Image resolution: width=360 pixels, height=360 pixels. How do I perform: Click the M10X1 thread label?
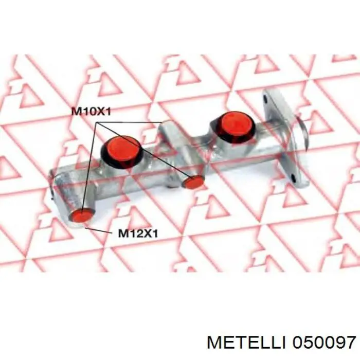(x=92, y=112)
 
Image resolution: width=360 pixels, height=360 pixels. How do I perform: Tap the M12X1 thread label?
(x=138, y=233)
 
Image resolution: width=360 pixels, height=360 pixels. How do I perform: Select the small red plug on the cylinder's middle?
(x=193, y=182)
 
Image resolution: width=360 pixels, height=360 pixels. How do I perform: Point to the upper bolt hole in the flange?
(x=266, y=100)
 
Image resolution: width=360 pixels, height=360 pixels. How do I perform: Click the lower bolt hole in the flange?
(x=293, y=177)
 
